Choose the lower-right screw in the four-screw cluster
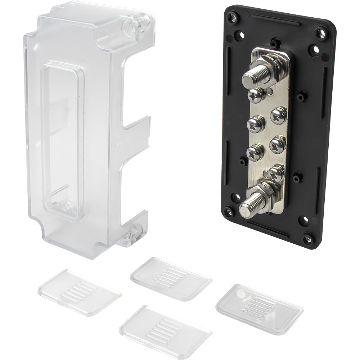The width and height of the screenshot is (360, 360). coord(278,144)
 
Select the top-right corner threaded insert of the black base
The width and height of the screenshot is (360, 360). coord(321,33)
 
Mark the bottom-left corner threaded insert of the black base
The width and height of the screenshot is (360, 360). coord(228,212)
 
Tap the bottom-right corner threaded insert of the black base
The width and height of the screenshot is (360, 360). coord(308,238)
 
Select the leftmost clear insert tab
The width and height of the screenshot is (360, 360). coord(79,292)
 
